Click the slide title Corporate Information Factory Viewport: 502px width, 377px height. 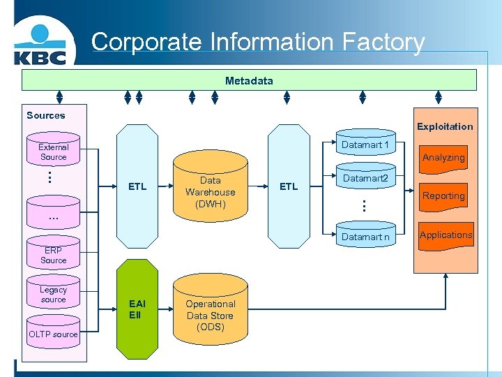[258, 42]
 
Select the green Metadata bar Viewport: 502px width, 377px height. [249, 80]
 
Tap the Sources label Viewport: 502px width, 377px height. [45, 115]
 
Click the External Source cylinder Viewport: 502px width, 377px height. [54, 152]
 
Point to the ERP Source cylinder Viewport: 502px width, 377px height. [54, 255]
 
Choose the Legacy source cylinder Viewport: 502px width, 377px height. [54, 295]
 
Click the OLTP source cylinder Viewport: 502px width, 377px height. [54, 334]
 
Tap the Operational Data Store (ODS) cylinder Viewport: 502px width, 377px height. [211, 315]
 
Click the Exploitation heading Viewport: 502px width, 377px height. [445, 126]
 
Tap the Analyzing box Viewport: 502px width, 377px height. [443, 157]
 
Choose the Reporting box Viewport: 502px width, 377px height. [443, 196]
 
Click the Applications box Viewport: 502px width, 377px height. [446, 235]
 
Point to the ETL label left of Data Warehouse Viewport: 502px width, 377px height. [137, 186]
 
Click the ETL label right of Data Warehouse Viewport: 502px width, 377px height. [288, 186]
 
